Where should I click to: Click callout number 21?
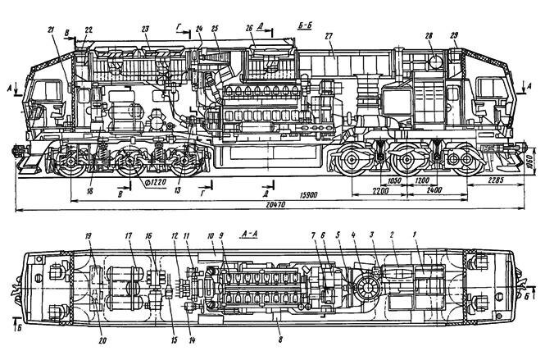pyautogui.click(x=52, y=30)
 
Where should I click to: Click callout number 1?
pyautogui.click(x=415, y=235)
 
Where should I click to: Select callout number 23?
pyautogui.click(x=145, y=30)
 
